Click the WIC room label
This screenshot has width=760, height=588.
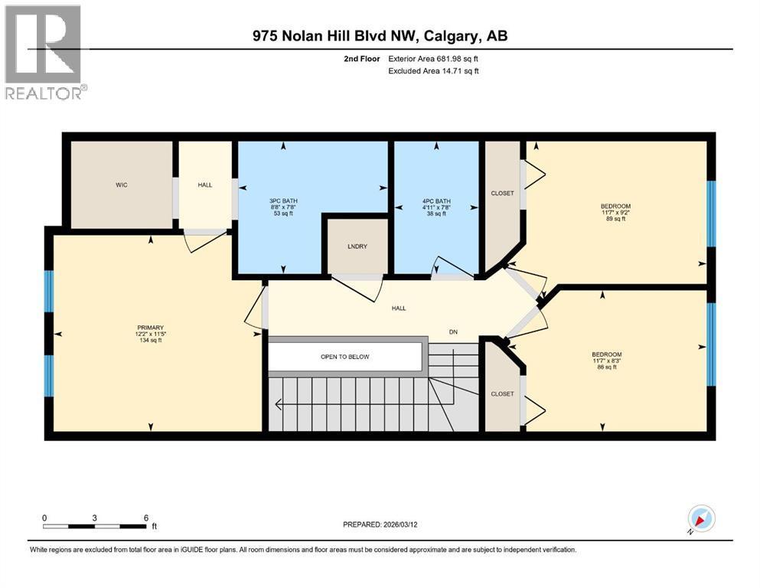[x=122, y=185]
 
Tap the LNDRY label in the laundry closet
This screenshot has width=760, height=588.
[x=357, y=247]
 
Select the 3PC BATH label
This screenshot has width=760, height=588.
[x=283, y=201]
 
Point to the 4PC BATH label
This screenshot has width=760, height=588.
[x=436, y=201]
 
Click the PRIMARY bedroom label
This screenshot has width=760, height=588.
[x=150, y=328]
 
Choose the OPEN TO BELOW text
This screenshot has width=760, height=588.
[x=344, y=357]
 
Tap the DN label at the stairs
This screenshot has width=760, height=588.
[x=453, y=332]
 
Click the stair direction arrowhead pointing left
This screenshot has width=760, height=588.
[x=279, y=403]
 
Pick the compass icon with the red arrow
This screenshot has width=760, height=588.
[x=701, y=518]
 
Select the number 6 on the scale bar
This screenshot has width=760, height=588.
[x=146, y=518]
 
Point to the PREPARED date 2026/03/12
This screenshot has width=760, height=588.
[x=400, y=524]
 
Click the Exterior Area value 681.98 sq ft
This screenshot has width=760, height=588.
[x=458, y=59]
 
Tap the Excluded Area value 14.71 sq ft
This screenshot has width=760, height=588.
[x=461, y=70]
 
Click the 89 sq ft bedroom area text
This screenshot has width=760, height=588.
[x=615, y=219]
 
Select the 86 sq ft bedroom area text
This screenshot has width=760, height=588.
[x=607, y=367]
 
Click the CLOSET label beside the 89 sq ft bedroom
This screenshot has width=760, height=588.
[x=502, y=193]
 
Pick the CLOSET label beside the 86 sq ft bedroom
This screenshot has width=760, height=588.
[x=502, y=394]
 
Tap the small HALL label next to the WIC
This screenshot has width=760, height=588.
[x=205, y=185]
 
